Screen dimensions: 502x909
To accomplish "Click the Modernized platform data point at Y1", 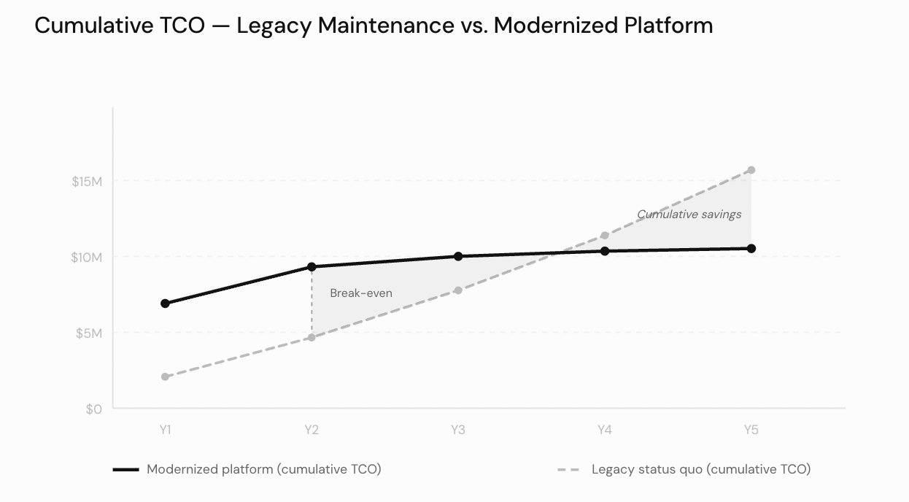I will (165, 304).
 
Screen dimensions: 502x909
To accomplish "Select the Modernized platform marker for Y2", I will (312, 267).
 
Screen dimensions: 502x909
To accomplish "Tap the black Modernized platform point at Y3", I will (458, 256).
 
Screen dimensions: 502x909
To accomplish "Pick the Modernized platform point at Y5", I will (751, 249).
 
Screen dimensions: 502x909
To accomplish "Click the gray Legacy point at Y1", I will (165, 376).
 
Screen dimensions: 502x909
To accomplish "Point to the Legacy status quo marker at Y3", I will (458, 290).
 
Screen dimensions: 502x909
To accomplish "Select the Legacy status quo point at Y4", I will (605, 236).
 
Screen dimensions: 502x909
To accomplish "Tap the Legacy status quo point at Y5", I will (751, 170).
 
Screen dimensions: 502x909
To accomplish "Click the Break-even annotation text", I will (361, 293).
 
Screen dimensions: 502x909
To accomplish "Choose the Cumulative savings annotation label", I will (689, 215).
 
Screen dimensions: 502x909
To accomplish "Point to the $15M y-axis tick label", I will (86, 181).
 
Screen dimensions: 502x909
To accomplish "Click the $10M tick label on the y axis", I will (86, 257).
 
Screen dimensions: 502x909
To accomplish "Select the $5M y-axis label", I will (89, 333).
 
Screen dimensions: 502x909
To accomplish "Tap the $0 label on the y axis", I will (93, 409).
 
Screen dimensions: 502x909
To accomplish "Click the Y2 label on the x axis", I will (312, 430).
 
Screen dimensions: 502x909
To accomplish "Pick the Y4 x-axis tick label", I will (605, 430).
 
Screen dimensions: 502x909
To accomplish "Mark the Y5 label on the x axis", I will (751, 430).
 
